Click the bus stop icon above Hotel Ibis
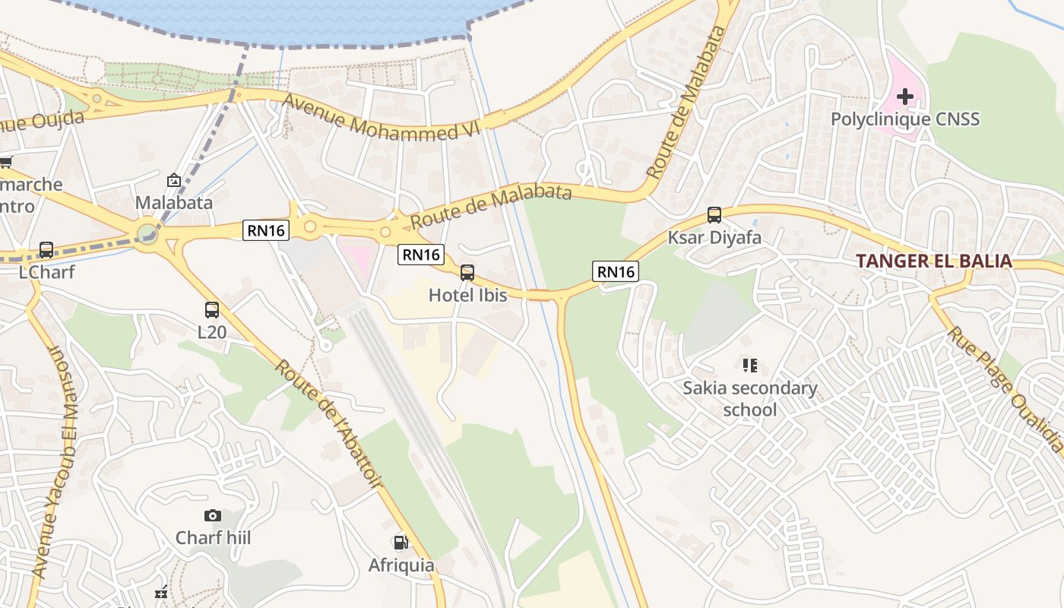point(467,272)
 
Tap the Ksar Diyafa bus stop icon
point(714,214)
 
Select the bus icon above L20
point(212,309)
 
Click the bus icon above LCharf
point(46,249)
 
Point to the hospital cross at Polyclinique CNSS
point(904,97)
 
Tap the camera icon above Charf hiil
point(212,515)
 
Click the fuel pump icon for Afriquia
point(401,542)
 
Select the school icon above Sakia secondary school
point(750,366)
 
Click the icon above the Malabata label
point(173,180)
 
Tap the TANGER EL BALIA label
point(933,261)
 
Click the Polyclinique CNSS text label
point(904,119)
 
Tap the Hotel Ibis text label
point(467,295)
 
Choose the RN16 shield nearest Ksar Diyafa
point(615,271)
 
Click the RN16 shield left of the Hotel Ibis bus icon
point(420,255)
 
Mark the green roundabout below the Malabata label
point(147,233)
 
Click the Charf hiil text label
point(213,538)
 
